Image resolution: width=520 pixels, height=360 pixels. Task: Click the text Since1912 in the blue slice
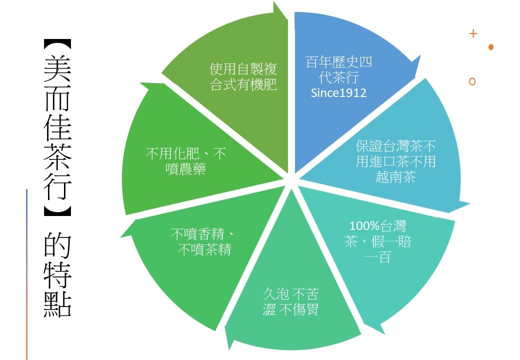pyautogui.click(x=338, y=93)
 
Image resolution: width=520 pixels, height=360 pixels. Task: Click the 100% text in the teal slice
pyautogui.click(x=363, y=226)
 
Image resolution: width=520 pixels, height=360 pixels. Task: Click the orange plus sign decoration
pyautogui.click(x=473, y=34)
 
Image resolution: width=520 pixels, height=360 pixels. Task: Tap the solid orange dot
pyautogui.click(x=491, y=47)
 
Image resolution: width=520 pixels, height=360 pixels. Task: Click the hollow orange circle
pyautogui.click(x=472, y=81)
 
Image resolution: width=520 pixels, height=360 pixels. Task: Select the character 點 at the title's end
pyautogui.click(x=57, y=302)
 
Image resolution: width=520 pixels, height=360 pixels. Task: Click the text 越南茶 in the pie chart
pyautogui.click(x=395, y=177)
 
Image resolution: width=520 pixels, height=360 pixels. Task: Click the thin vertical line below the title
pyautogui.click(x=26, y=275)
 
